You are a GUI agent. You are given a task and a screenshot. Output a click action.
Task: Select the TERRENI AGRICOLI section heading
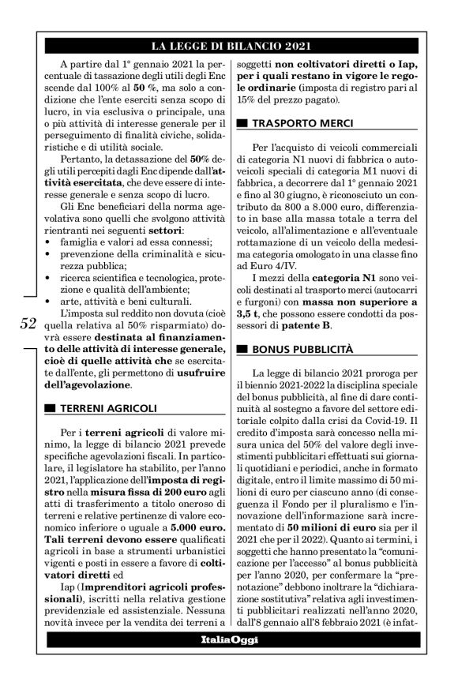point(102,408)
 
